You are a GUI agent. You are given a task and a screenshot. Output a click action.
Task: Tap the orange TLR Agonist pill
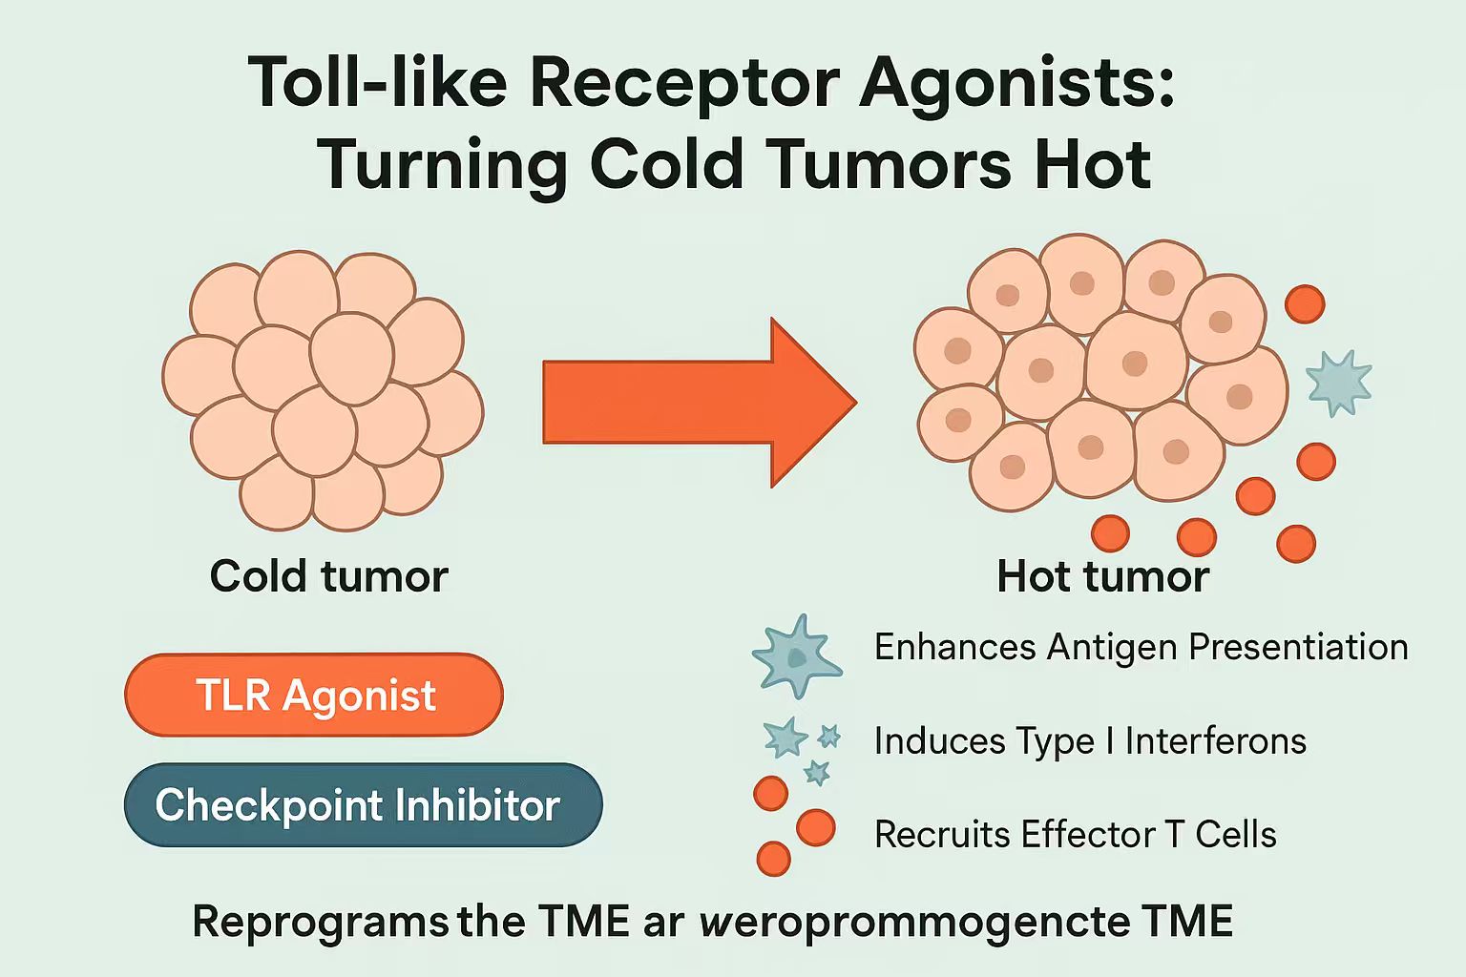point(314,695)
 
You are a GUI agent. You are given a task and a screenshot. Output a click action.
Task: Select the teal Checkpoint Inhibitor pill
point(363,805)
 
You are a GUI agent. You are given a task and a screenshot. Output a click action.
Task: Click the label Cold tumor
point(328,576)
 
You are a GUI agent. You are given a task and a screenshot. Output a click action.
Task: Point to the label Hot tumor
point(1102,576)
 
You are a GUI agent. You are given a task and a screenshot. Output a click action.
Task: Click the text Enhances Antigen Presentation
point(1141,647)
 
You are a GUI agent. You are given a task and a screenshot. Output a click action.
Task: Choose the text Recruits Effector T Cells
point(1075,835)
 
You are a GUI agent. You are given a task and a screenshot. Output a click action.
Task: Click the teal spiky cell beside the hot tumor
point(1338,383)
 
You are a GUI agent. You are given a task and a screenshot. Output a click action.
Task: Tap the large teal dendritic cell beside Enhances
point(796,655)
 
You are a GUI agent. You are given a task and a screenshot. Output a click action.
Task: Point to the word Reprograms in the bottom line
point(320,923)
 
